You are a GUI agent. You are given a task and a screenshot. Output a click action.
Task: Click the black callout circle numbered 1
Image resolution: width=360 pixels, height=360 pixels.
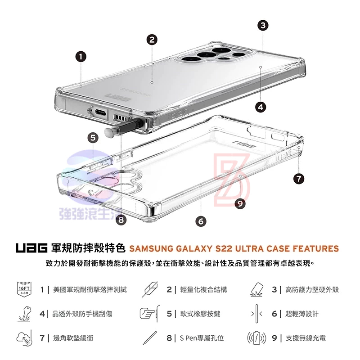click(x=81, y=57)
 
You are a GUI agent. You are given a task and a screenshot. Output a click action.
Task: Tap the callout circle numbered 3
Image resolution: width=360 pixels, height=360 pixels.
click(x=263, y=25)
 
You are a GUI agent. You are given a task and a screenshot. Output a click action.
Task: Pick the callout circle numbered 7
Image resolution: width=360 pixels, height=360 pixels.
click(x=298, y=178)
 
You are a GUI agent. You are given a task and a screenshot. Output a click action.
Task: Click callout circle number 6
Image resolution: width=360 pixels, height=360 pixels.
click(x=201, y=221)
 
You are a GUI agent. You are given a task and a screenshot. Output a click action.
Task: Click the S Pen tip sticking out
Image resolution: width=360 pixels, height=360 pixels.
click(x=109, y=132)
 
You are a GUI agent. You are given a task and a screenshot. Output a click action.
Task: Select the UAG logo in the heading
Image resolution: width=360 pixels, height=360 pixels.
click(x=31, y=248)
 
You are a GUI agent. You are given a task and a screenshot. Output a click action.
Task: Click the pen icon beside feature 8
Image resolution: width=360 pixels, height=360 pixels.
click(x=150, y=338)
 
